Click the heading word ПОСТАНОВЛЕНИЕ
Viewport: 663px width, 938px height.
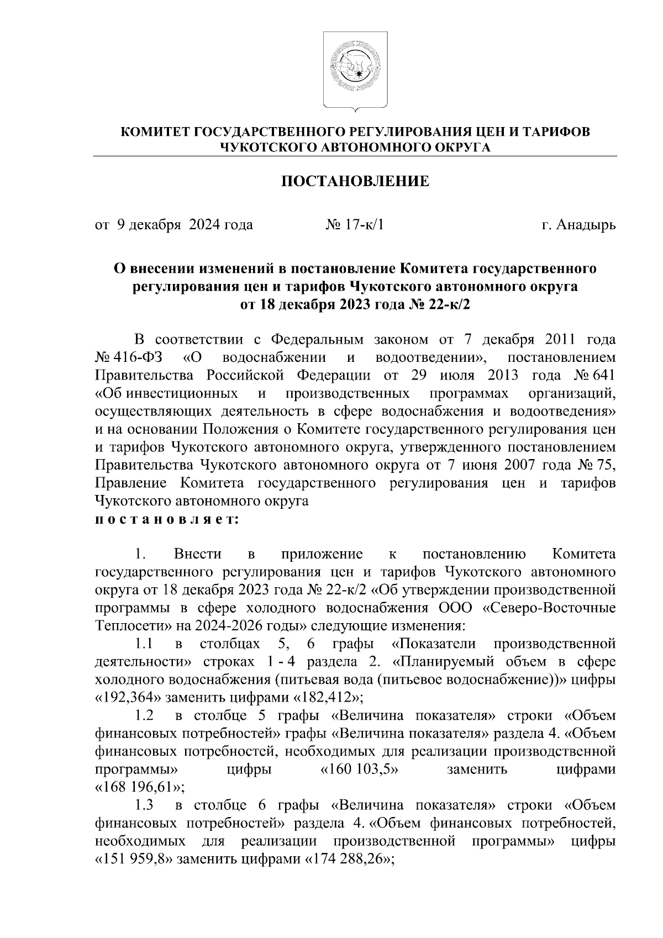[x=355, y=182]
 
